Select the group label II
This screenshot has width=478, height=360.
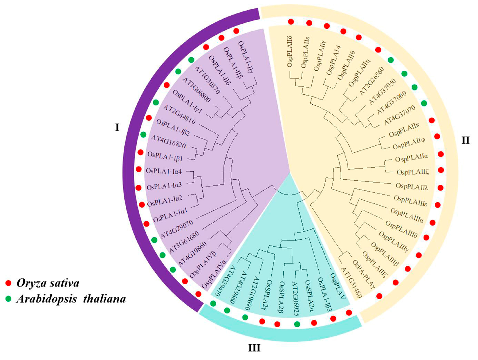coord(465,140)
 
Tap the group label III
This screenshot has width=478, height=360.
coord(254,348)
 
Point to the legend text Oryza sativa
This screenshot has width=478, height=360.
coord(47,283)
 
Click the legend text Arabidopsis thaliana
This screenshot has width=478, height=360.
coord(71,299)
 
